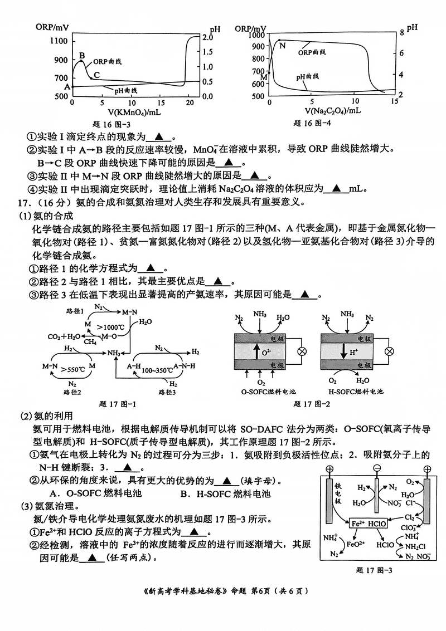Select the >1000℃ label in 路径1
[x=110, y=327]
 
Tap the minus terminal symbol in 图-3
[x=377, y=468]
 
